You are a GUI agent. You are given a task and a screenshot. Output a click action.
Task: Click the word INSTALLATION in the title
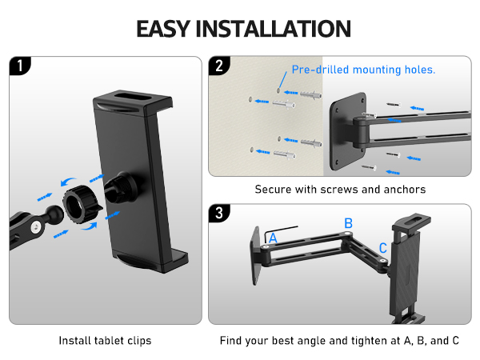[x=273, y=29]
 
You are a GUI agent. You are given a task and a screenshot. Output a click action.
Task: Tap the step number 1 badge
[x=19, y=66]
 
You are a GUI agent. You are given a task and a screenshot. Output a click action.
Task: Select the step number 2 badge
[x=219, y=66]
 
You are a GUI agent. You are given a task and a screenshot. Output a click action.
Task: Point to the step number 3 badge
[x=219, y=213]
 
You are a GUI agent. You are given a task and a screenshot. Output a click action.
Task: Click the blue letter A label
[x=273, y=238]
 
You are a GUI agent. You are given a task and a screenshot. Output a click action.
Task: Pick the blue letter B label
[x=348, y=223]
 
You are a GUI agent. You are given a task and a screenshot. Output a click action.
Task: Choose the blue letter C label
[x=383, y=248]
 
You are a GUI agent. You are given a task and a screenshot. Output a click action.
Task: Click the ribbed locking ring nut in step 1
[x=82, y=204]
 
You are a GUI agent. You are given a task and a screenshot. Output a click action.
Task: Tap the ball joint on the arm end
[x=54, y=214]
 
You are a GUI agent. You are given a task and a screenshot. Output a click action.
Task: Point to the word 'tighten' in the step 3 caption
[x=375, y=341]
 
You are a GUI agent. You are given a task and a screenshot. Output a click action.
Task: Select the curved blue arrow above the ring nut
[x=68, y=182]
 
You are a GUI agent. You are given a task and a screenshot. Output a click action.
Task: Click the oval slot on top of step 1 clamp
[x=133, y=97]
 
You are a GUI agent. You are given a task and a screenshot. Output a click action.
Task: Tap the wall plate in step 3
[x=256, y=256]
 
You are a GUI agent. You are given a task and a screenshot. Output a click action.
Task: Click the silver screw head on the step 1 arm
[x=37, y=227]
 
